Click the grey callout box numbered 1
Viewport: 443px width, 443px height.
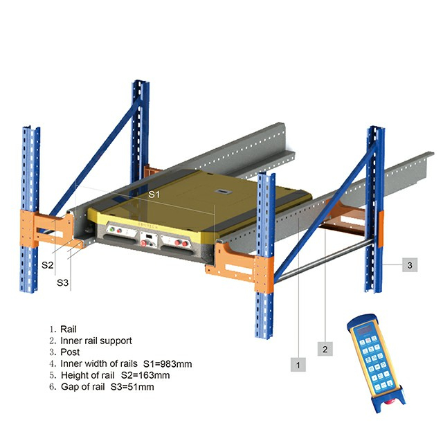click(x=298, y=364)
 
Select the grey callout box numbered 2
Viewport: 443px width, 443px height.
click(x=325, y=349)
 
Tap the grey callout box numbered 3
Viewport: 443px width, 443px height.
click(x=410, y=265)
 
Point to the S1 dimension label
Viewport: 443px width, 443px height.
click(x=154, y=194)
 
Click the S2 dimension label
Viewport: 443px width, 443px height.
click(x=48, y=264)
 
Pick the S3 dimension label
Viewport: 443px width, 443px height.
click(x=63, y=282)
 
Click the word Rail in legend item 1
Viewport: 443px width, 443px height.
click(x=69, y=329)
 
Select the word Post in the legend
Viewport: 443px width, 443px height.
click(x=70, y=352)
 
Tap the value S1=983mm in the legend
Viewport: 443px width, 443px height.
click(x=168, y=363)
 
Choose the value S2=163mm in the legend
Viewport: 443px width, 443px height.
click(x=145, y=375)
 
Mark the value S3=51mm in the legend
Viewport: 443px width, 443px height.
click(x=132, y=386)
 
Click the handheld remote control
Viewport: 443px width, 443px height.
click(x=376, y=363)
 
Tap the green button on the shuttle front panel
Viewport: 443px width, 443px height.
click(x=112, y=229)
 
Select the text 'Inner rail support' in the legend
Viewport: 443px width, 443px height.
click(x=96, y=341)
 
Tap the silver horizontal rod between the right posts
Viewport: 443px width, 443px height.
click(x=325, y=260)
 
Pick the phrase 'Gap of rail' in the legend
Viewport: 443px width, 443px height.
click(x=83, y=386)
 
